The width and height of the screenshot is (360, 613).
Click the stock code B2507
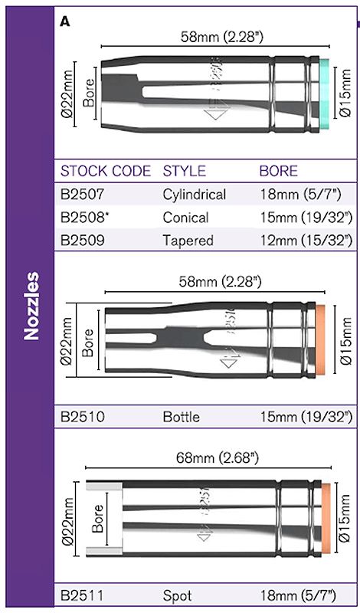(x=82, y=195)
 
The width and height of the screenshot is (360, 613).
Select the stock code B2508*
(x=84, y=217)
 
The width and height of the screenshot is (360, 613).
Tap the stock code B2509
(x=82, y=240)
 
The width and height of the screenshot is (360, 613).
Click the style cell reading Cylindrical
(x=195, y=195)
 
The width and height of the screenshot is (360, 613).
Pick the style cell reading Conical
(x=185, y=217)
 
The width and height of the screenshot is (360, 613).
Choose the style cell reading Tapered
(x=188, y=240)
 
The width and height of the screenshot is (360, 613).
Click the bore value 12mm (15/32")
(x=306, y=240)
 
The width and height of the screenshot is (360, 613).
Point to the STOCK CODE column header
(x=106, y=171)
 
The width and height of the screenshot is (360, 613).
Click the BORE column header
(x=278, y=171)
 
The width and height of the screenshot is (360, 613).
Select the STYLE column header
(x=184, y=171)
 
